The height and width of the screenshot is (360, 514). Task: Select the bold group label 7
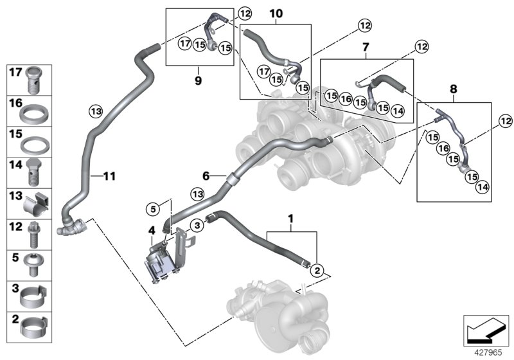365,48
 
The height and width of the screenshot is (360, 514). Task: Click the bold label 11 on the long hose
109,175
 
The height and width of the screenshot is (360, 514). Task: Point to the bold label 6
206,175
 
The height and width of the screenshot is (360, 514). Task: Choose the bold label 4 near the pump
152,230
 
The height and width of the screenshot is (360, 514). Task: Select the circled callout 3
198,224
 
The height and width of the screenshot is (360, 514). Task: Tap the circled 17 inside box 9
184,44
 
